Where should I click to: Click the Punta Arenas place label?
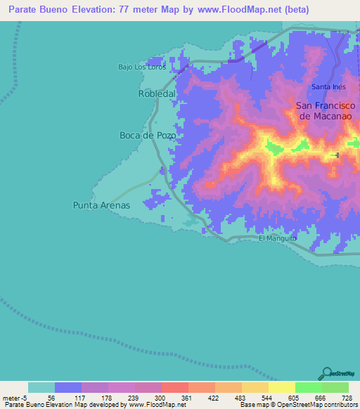click(101, 205)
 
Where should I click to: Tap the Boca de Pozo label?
click(148, 135)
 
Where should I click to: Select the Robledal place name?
click(157, 93)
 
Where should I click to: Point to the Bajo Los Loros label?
click(141, 67)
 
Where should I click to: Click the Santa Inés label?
click(328, 86)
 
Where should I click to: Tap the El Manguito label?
click(278, 238)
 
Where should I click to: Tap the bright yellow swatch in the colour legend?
click(281, 387)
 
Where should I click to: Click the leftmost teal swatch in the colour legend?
click(41, 387)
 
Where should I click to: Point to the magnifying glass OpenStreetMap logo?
click(326, 373)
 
